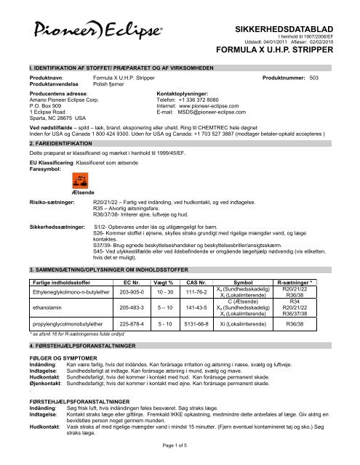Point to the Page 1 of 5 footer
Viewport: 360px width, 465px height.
click(x=180, y=453)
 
